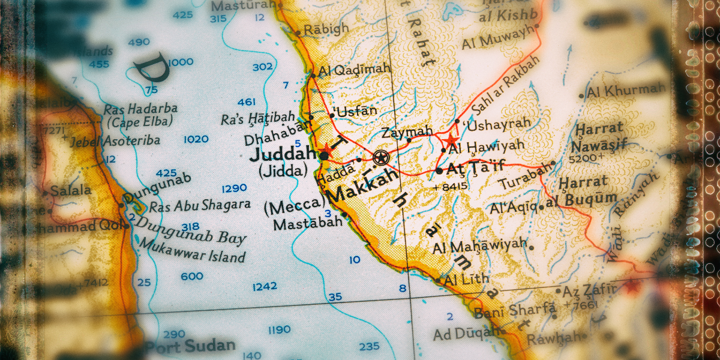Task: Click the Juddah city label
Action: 282,154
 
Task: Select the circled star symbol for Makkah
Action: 380,158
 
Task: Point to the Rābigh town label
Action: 325,29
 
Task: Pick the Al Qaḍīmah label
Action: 354,70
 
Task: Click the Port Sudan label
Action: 190,346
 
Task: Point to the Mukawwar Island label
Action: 191,251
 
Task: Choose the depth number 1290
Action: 234,188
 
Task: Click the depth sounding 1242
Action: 265,287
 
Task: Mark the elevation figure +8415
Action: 449,187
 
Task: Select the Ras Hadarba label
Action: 140,109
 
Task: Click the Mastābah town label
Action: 308,223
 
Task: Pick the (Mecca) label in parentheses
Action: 294,206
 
